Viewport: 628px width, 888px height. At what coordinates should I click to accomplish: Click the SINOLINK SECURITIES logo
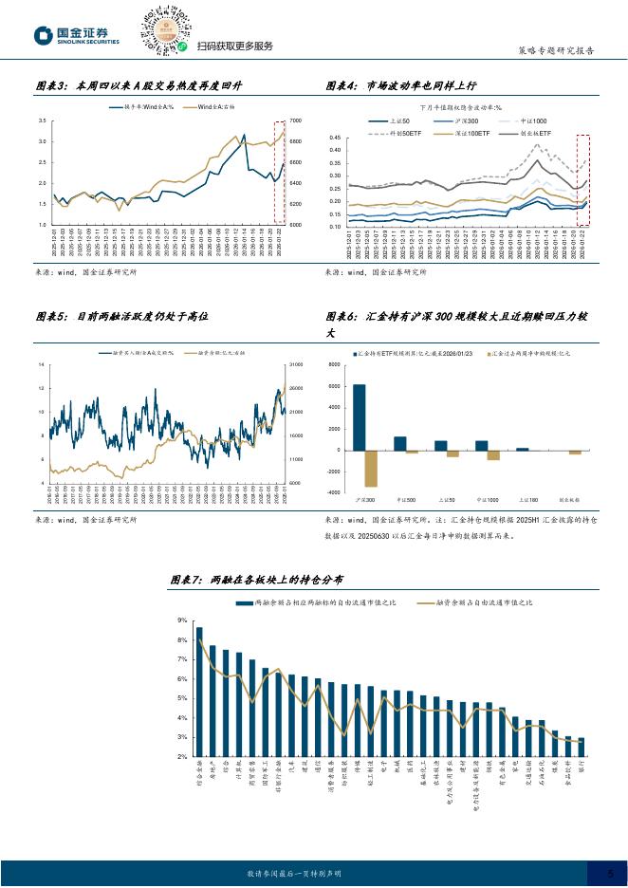click(x=78, y=35)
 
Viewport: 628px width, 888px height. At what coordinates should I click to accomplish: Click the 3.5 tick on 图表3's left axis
click(x=44, y=121)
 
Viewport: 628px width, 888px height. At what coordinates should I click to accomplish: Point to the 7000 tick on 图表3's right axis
click(x=295, y=121)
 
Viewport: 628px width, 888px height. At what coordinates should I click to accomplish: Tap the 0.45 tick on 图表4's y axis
click(x=334, y=138)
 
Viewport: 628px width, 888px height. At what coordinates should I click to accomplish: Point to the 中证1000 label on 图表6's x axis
click(x=488, y=498)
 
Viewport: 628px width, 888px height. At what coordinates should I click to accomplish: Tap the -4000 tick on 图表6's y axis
click(x=334, y=492)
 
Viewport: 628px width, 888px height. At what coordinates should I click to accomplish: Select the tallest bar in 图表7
click(x=199, y=692)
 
